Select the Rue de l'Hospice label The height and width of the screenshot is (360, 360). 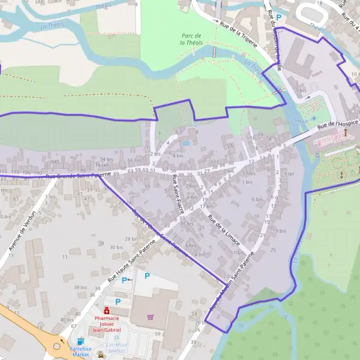click(x=338, y=124)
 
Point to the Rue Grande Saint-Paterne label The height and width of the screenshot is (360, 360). click(x=77, y=176)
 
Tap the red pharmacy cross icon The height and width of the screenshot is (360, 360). click(x=106, y=310)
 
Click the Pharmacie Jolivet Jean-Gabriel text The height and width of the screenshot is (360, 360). click(x=107, y=325)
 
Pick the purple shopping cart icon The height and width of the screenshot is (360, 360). click(x=151, y=317)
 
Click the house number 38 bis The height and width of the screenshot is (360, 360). click(x=80, y=287)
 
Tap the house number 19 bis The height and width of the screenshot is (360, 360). click(x=278, y=231)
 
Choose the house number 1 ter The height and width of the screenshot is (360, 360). click(x=290, y=173)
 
